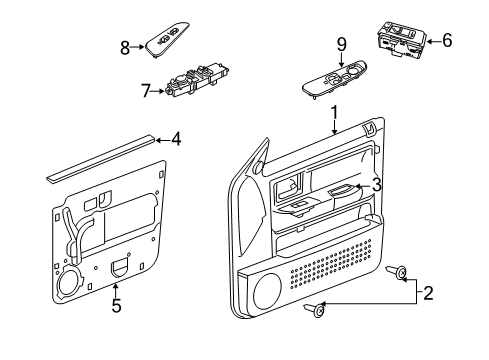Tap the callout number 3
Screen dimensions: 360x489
376,184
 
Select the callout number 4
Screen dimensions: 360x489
175,139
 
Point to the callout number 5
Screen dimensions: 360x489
116,306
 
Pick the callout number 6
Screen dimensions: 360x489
447,40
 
